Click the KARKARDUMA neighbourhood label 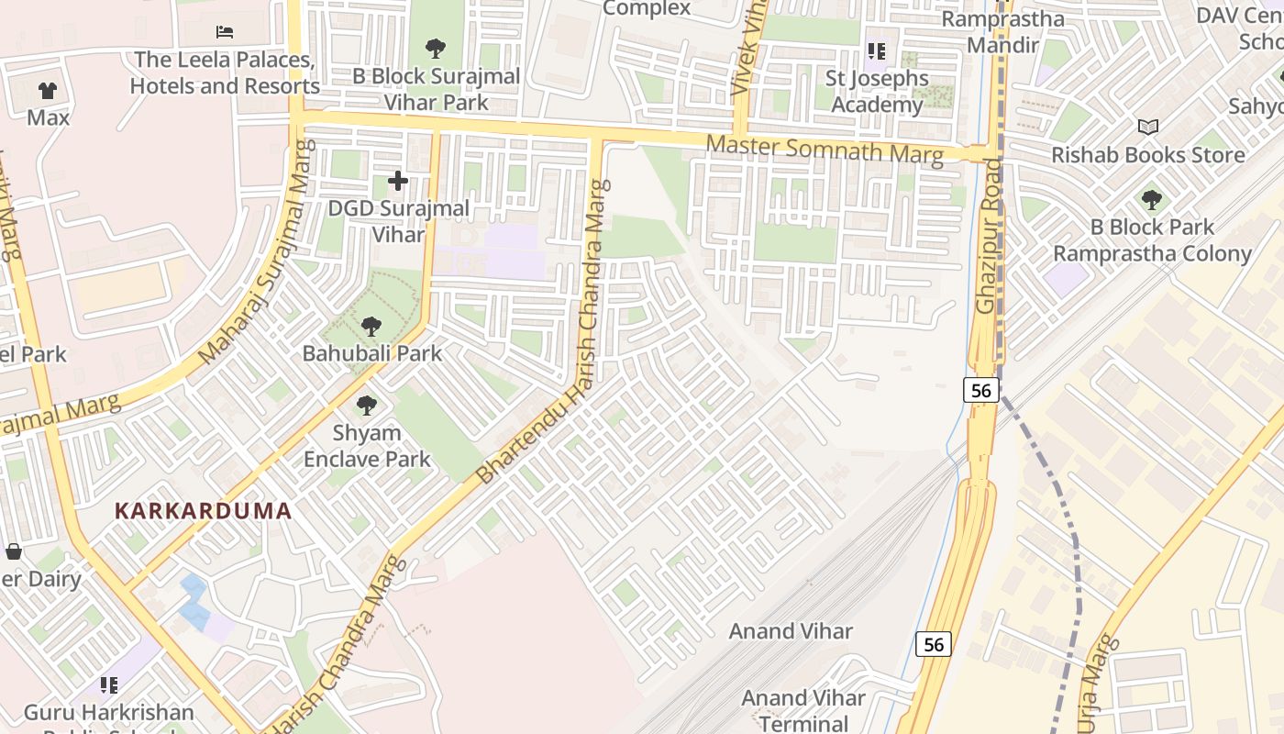point(203,511)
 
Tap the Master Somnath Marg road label point(824,149)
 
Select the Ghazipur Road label point(989,236)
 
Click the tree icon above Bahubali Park point(371,326)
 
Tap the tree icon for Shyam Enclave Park point(367,405)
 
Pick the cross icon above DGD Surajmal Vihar point(397,181)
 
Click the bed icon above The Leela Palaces point(225,32)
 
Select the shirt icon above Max point(48,91)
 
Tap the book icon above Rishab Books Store point(1147,127)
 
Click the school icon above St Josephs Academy point(877,51)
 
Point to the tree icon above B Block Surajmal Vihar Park point(436,48)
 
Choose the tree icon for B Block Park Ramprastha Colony point(1152,199)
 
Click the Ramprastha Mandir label point(1003,32)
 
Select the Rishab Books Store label point(1148,154)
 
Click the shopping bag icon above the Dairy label point(14,551)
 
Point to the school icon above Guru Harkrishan point(109,684)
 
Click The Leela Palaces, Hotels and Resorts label point(225,72)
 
